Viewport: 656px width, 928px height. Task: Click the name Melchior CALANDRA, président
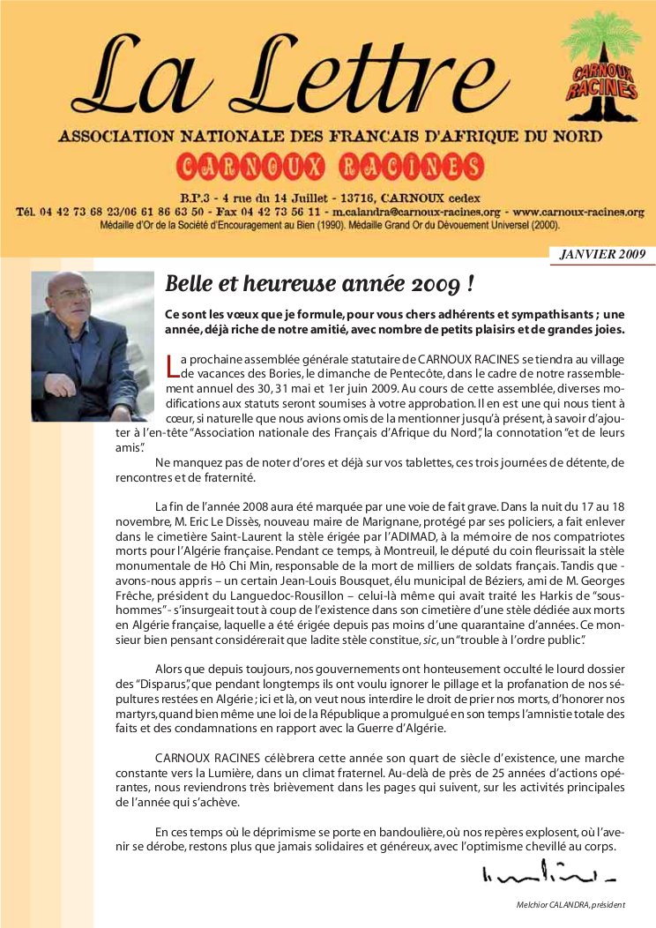pyautogui.click(x=570, y=905)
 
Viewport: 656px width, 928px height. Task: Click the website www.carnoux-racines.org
pyautogui.click(x=578, y=213)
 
